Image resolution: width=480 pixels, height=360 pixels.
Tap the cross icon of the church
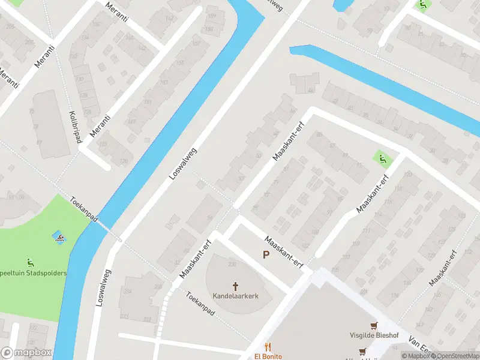coord(235,286)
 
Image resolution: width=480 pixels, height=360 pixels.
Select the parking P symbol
coord(266,256)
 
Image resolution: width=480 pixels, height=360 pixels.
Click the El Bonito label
coord(268,356)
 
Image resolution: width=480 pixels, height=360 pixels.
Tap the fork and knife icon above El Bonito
coord(268,347)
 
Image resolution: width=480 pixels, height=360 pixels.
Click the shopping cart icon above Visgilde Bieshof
coord(374,326)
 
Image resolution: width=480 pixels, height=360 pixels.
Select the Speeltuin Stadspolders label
coord(32,273)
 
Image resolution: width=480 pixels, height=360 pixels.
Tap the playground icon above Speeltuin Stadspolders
coord(30,262)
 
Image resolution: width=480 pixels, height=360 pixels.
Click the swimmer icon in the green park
coord(59,238)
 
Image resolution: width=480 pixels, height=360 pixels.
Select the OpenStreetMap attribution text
coord(457,356)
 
